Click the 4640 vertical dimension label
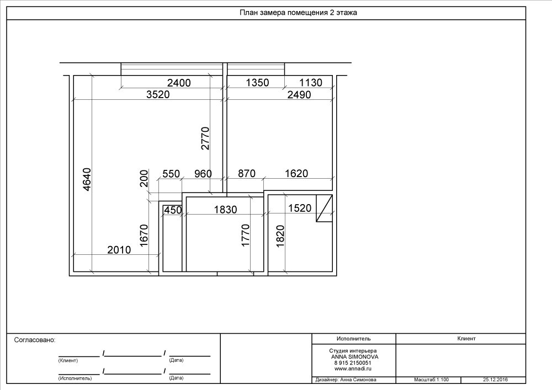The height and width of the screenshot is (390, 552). coord(87,179)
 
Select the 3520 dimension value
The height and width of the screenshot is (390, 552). coord(158,94)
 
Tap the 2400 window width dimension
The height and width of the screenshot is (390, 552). coord(179,83)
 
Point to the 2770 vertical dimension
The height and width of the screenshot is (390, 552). coord(205,138)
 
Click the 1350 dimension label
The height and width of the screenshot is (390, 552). coord(257,83)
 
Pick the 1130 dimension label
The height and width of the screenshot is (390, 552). coord(310,83)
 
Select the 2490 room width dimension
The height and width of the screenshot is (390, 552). coord(299,95)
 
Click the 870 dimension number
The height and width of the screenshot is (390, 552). coord(246,173)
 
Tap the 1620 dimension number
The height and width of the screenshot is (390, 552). coord(296,173)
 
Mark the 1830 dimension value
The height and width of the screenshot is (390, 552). coord(225,210)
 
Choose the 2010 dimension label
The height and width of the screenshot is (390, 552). coord(119,250)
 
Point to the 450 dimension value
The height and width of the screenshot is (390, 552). coord(173,210)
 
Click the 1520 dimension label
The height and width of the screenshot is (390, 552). coord(300,208)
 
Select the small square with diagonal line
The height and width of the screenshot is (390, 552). coord(324,208)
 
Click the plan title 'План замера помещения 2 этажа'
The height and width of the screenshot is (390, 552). coord(298,13)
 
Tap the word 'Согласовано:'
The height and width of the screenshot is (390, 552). coord(35,340)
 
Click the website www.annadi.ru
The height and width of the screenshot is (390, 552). coord(353,369)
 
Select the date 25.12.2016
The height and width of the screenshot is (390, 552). coord(495,380)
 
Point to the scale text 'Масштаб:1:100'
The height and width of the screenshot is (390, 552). coord(431,380)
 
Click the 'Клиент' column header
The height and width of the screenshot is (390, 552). coord(466,339)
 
